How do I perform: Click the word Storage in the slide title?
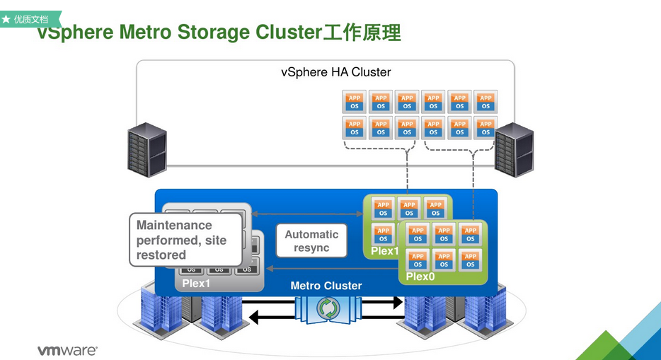tap(215, 33)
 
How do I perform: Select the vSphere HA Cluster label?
tap(335, 72)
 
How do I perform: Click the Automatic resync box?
tap(312, 241)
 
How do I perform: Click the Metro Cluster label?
tap(326, 286)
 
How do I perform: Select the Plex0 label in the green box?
tap(421, 277)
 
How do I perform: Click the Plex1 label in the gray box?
tap(196, 284)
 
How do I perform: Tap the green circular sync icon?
tap(327, 309)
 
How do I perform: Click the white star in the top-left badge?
tap(6, 19)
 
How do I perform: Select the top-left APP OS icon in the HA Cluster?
tap(355, 102)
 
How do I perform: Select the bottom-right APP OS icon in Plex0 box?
tap(470, 260)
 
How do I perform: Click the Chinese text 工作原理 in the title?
tap(362, 33)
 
